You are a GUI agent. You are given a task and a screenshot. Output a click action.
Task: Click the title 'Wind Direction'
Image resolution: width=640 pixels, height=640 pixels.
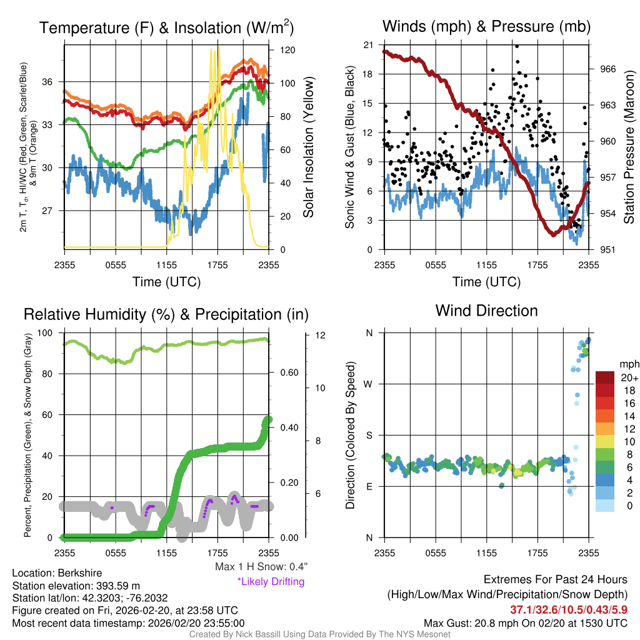coord(486,311)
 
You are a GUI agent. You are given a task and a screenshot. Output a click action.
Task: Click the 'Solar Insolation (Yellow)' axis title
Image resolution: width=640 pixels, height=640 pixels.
coord(308,147)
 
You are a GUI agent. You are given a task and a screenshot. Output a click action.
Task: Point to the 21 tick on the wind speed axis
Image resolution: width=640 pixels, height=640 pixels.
coord(367,45)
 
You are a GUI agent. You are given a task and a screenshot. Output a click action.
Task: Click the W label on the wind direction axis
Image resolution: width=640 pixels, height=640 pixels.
coord(368,384)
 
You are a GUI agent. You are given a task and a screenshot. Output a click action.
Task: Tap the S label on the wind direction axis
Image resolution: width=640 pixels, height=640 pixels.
coord(369,435)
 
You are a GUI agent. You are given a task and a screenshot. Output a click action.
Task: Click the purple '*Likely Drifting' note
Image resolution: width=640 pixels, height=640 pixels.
coord(271,582)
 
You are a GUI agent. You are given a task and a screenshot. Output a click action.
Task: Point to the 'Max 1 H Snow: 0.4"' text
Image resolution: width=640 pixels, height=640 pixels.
coord(261,567)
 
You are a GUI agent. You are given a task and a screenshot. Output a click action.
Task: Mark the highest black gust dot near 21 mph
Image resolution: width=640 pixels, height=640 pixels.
coord(516,46)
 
